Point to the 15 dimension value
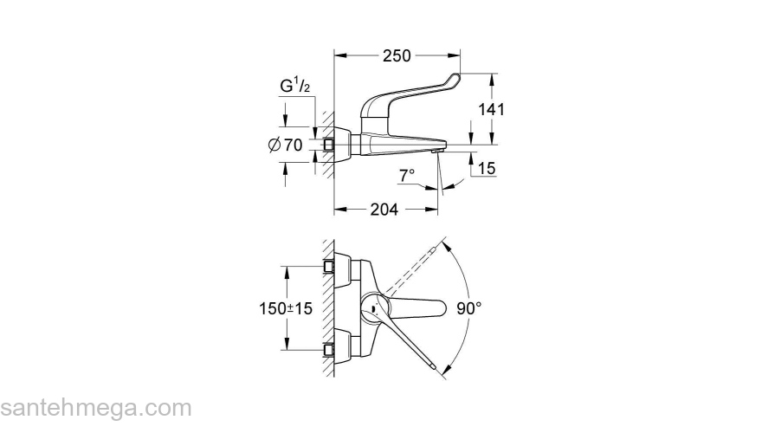(486, 169)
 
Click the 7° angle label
(407, 175)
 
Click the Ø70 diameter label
(286, 145)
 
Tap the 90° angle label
(468, 307)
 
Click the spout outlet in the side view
(436, 152)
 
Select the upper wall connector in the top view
(330, 265)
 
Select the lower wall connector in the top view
(330, 350)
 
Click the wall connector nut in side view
(330, 145)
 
